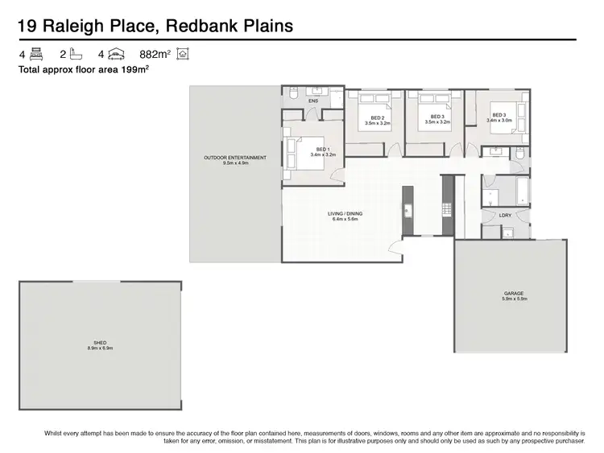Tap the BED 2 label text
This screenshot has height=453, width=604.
(x=374, y=118)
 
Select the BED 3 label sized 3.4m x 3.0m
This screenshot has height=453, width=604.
(x=499, y=115)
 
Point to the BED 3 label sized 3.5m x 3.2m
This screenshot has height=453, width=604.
(x=437, y=118)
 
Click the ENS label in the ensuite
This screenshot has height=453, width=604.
(x=312, y=101)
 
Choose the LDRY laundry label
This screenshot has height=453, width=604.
(x=505, y=215)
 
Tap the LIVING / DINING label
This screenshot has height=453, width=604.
(x=345, y=213)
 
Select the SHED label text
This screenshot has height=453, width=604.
(x=100, y=343)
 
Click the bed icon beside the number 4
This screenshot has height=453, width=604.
(x=35, y=55)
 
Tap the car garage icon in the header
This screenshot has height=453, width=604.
(x=117, y=55)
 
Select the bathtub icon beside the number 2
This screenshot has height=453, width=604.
(x=77, y=55)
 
